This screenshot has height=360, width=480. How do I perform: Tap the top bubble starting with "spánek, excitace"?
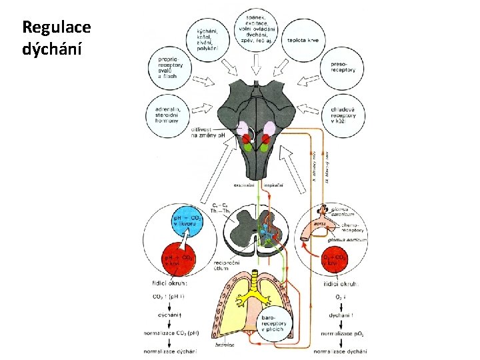click(x=257, y=27)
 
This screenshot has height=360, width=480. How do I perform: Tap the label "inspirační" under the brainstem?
click(x=275, y=185)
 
